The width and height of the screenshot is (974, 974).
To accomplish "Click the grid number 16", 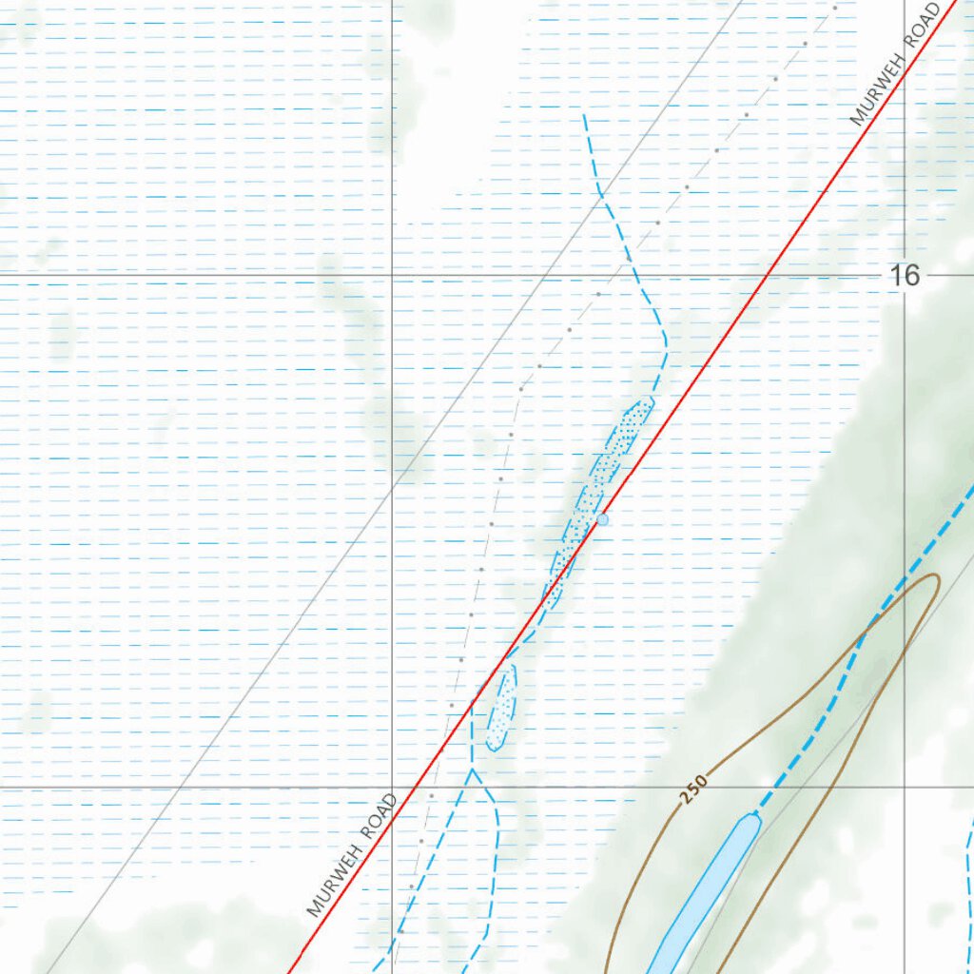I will tap(906, 276).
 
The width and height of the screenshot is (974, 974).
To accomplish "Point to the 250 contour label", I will tap(693, 789).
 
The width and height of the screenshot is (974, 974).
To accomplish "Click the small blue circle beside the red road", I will tap(602, 519).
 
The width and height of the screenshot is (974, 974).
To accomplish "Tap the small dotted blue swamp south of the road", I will tap(501, 709).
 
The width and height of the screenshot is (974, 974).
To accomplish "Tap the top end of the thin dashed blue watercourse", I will tap(584, 116).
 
